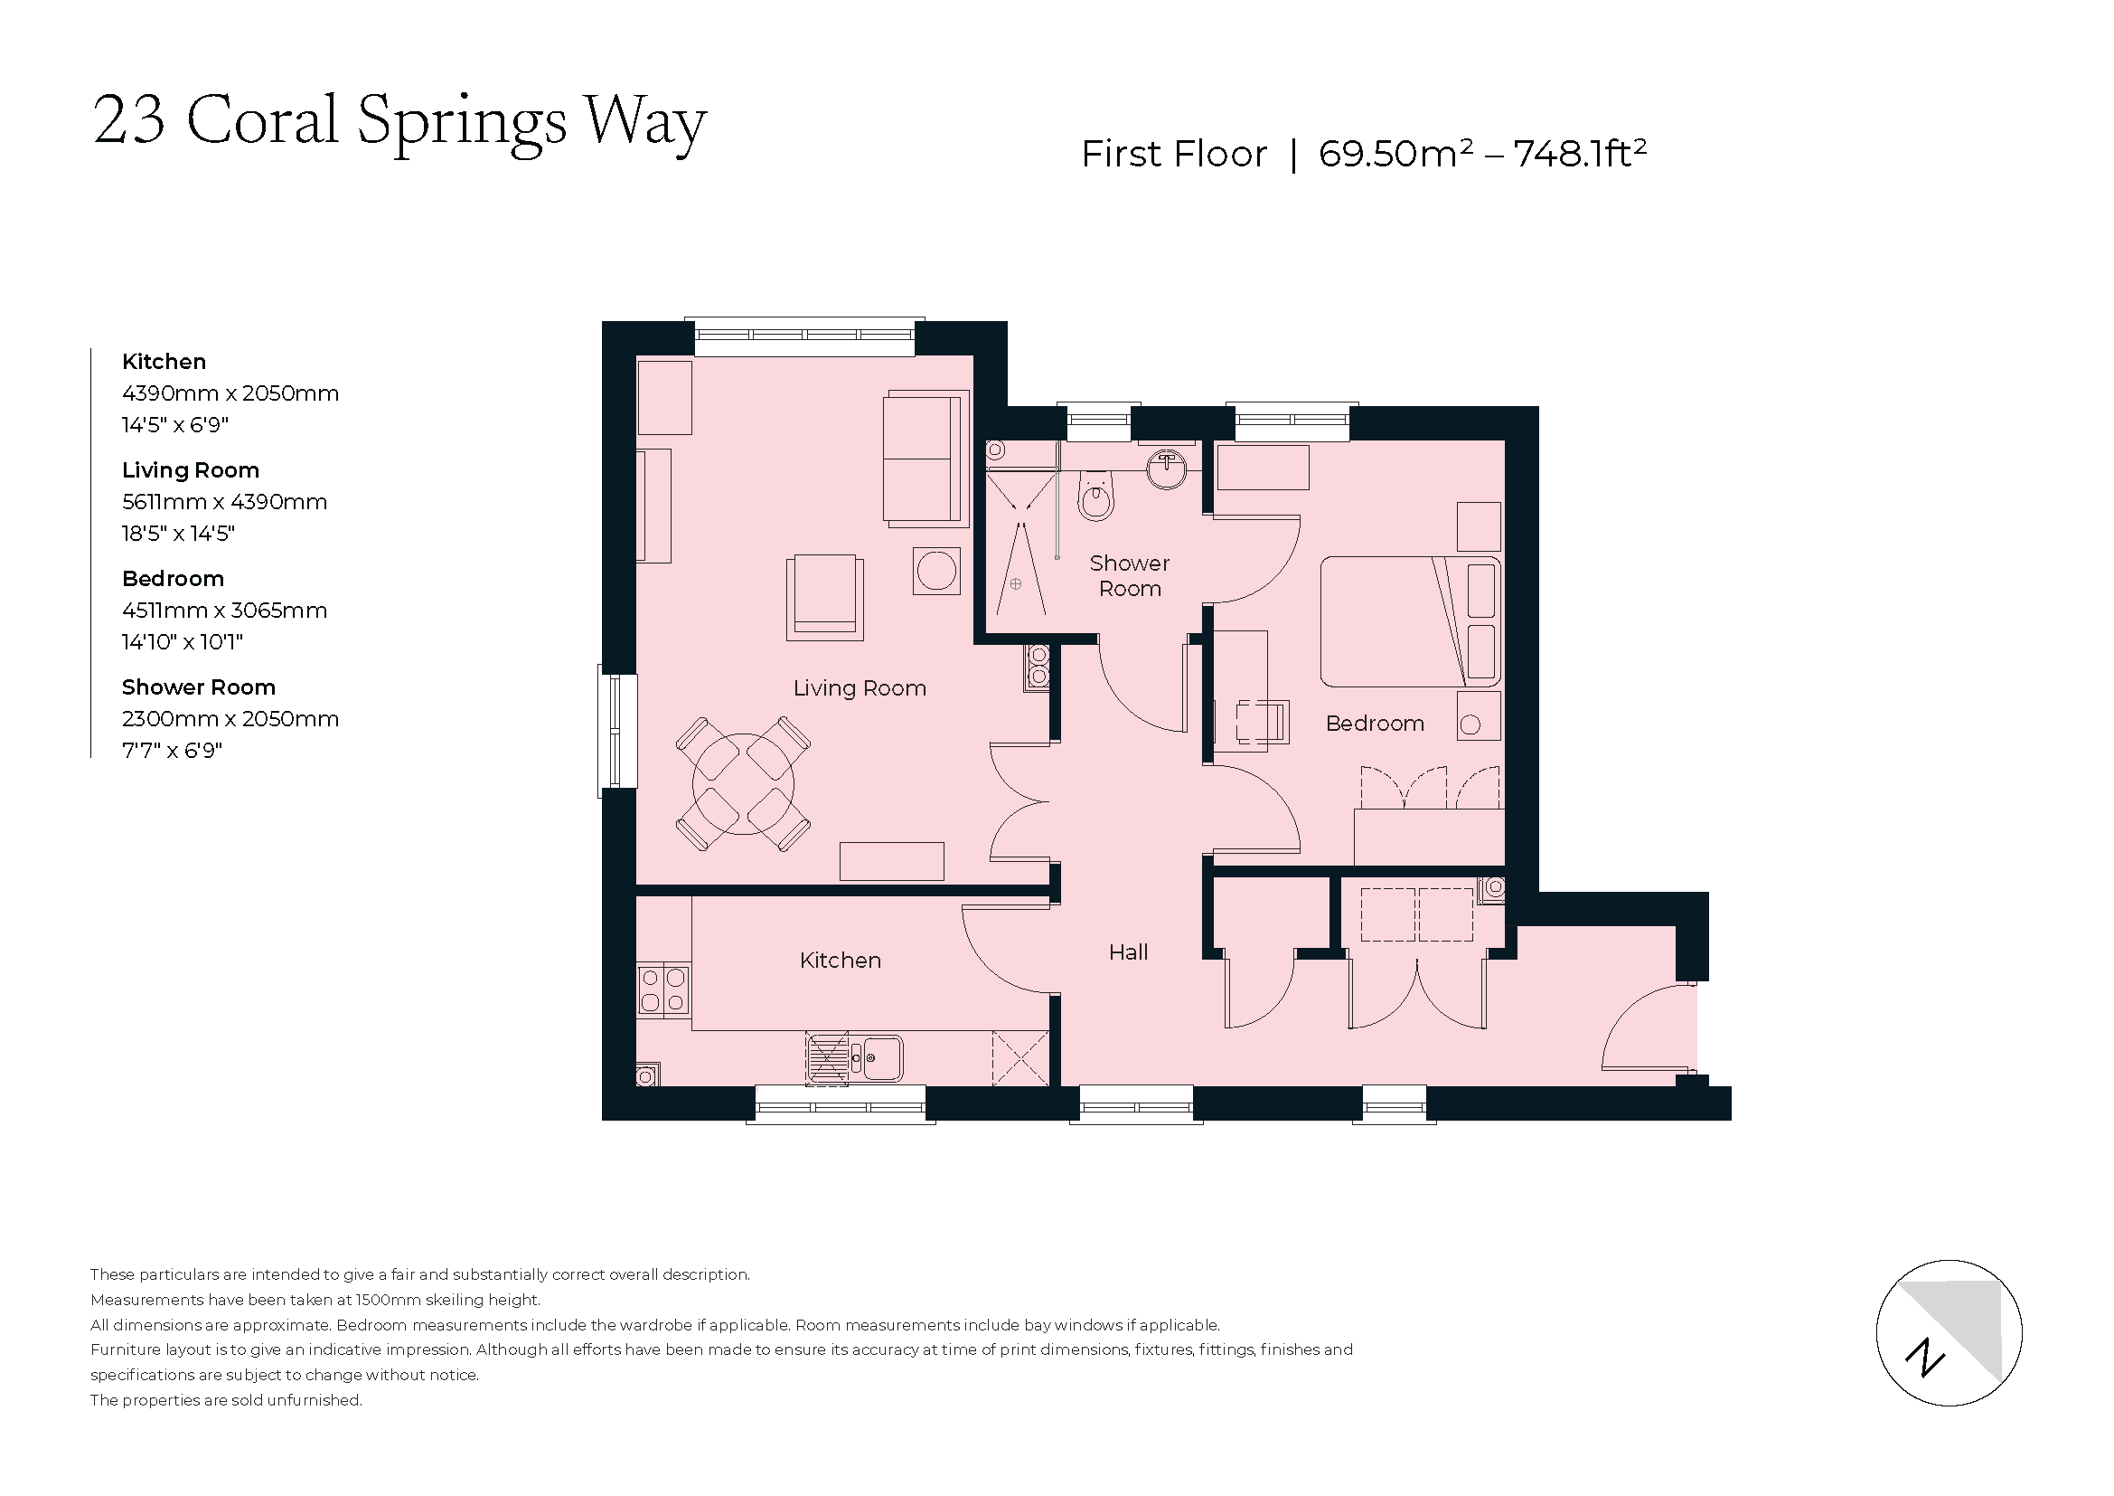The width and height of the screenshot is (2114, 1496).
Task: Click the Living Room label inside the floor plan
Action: pos(859,688)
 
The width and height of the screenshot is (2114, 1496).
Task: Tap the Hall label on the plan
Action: pos(1128,952)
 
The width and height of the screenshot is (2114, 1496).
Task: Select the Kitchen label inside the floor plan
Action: pos(840,961)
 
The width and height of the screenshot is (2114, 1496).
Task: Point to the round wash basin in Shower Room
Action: pos(1167,469)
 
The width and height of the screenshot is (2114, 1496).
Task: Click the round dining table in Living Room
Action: pos(743,784)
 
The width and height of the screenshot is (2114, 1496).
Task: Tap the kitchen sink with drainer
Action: pos(854,1058)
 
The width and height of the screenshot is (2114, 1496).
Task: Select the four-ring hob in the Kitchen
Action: pos(662,989)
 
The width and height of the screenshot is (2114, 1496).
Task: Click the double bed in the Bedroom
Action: pos(1409,621)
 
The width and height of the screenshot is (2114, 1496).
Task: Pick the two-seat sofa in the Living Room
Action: pos(924,459)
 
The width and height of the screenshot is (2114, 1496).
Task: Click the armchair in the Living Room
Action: pos(824,597)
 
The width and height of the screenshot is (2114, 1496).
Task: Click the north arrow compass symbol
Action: pos(1949,1333)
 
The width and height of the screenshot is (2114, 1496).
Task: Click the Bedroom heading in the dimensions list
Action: pos(174,579)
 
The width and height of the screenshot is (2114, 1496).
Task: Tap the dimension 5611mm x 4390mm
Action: pos(225,502)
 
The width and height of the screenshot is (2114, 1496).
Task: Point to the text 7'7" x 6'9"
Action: pos(173,751)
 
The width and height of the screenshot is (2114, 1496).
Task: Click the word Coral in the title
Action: pos(262,120)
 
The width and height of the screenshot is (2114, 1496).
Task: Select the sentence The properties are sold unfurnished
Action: pos(227,1400)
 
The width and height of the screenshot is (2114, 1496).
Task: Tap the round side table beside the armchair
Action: pos(935,571)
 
